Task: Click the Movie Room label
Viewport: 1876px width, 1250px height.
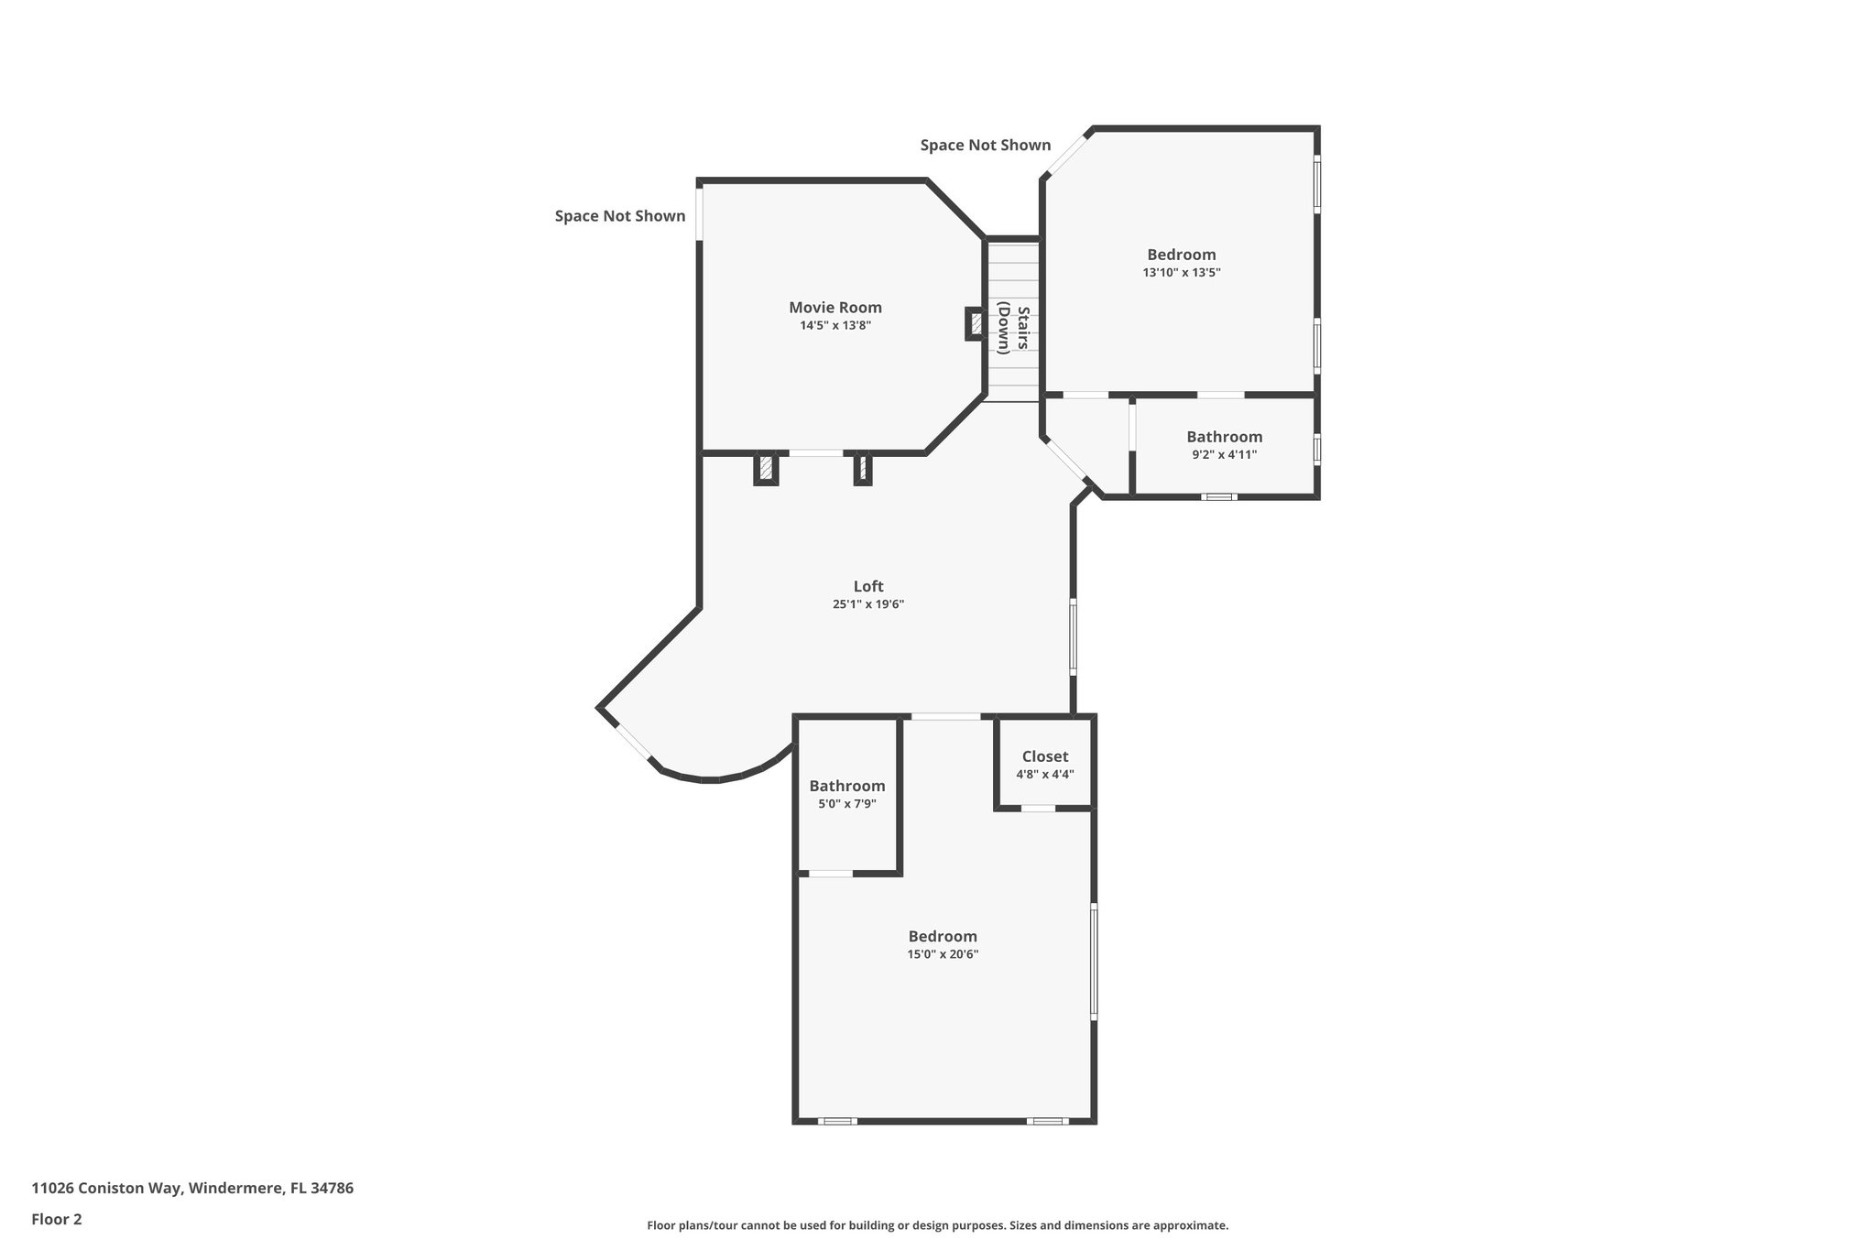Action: (x=834, y=308)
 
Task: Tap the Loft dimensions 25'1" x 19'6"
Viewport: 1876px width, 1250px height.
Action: (x=867, y=604)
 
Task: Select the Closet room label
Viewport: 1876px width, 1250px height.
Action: (x=1044, y=756)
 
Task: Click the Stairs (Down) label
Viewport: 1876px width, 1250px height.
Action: (x=1014, y=328)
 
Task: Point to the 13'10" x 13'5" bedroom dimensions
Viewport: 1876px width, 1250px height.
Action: (x=1181, y=273)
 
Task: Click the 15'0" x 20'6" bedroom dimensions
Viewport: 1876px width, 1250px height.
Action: (x=943, y=954)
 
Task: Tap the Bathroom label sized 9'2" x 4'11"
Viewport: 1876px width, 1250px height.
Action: (x=1224, y=437)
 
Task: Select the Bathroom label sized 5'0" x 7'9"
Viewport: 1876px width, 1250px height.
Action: (x=846, y=786)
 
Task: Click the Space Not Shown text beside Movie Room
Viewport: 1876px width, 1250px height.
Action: (x=619, y=216)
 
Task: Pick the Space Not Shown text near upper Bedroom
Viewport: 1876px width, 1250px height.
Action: (x=985, y=146)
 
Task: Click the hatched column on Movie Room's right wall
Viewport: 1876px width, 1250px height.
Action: (x=976, y=323)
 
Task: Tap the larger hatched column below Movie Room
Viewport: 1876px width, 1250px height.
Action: (x=766, y=469)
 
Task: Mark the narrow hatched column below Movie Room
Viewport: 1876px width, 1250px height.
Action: (x=862, y=469)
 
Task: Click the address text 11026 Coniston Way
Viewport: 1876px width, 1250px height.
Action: (x=192, y=1188)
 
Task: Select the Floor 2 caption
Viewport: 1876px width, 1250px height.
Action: (x=57, y=1219)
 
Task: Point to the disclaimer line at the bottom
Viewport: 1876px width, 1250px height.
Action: (x=937, y=1225)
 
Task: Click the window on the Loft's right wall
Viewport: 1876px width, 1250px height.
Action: (x=1073, y=636)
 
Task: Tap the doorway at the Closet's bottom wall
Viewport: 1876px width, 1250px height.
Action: (x=1038, y=809)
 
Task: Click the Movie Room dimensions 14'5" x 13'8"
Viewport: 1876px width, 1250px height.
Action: (x=834, y=326)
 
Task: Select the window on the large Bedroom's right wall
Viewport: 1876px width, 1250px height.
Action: (x=1093, y=961)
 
